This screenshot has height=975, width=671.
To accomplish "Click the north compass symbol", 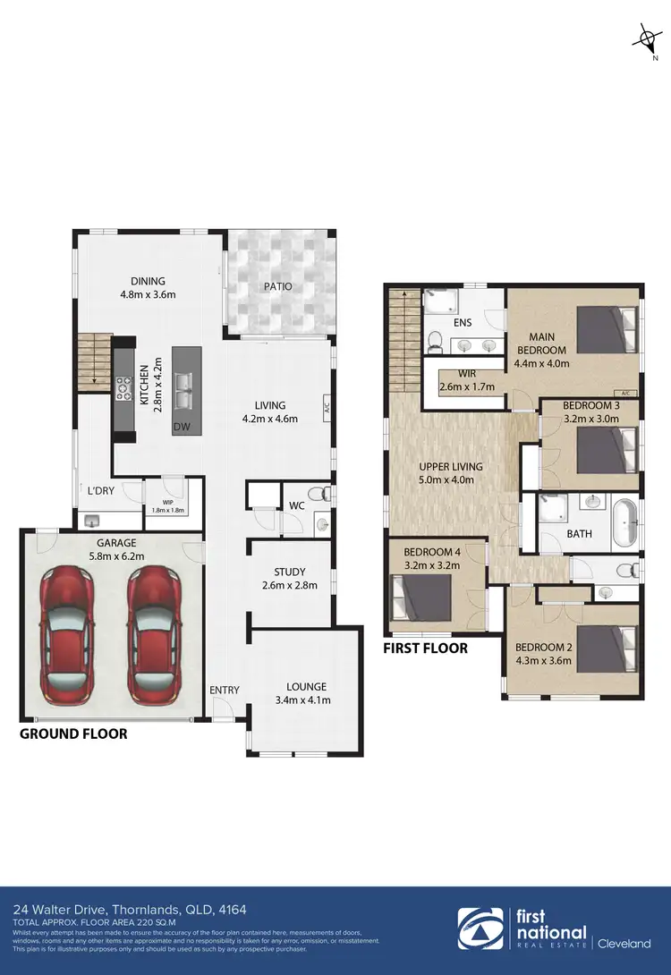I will pyautogui.click(x=645, y=41).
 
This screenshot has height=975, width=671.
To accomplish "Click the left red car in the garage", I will pyautogui.click(x=67, y=637).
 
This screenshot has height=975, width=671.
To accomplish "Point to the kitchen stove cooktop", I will pyautogui.click(x=123, y=387).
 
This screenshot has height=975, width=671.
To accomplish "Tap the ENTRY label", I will pyautogui.click(x=224, y=690).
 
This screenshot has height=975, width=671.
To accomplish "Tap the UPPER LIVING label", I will pyautogui.click(x=451, y=467).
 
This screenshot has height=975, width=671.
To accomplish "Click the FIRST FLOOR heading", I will pyautogui.click(x=425, y=648).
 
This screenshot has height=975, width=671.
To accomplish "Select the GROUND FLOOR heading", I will pyautogui.click(x=73, y=733).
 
